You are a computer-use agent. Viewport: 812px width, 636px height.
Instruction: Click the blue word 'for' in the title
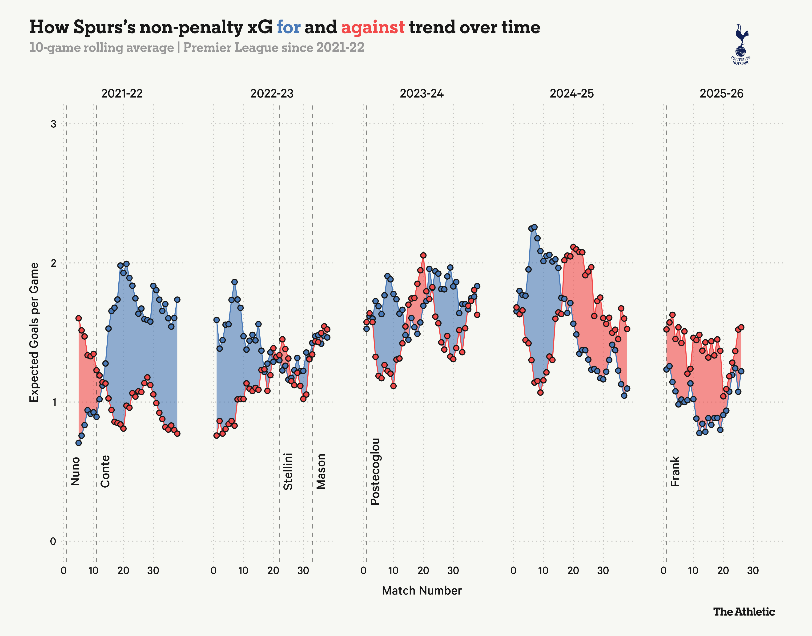(x=288, y=27)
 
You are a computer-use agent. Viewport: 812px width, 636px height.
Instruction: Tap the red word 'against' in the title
(x=373, y=27)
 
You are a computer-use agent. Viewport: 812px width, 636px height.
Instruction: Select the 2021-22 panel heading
(x=122, y=94)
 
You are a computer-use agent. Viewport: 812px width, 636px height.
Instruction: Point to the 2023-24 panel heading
(x=422, y=94)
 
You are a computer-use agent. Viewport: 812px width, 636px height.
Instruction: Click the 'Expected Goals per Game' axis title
(x=34, y=332)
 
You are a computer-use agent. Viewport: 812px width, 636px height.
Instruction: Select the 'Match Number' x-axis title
(x=422, y=591)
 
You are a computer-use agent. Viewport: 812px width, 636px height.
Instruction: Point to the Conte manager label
(x=105, y=471)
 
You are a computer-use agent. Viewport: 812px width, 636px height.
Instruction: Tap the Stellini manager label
(x=288, y=471)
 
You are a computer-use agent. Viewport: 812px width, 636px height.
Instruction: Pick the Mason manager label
(x=321, y=471)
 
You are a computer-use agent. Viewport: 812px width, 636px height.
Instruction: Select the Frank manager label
(x=675, y=471)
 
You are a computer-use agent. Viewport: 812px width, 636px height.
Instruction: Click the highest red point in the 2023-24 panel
(x=423, y=255)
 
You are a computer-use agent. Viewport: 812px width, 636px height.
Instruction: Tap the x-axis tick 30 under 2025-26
(x=753, y=571)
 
